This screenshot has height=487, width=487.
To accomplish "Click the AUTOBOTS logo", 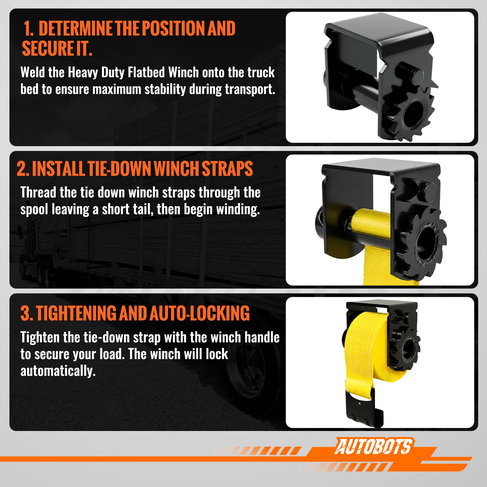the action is pyautogui.click(x=373, y=447).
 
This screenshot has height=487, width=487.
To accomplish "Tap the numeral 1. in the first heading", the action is pyautogui.click(x=29, y=28).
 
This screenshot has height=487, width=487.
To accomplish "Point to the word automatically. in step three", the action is pyautogui.click(x=58, y=371).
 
